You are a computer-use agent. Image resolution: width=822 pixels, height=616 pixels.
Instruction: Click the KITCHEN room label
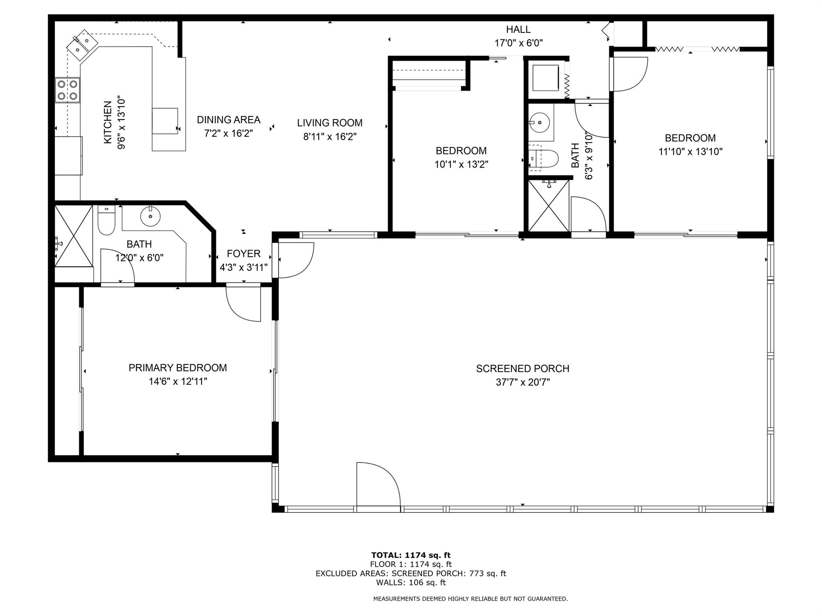tap(108, 122)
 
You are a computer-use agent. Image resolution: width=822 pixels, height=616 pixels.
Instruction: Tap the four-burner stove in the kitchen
tap(67, 90)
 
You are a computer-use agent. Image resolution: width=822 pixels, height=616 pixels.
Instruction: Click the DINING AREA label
tap(228, 120)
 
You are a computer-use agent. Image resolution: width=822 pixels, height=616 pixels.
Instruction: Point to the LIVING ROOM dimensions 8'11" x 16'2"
tap(330, 136)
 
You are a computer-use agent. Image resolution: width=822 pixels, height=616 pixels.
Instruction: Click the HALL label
tap(518, 29)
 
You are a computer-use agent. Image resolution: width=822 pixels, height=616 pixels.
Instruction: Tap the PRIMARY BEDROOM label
tap(178, 368)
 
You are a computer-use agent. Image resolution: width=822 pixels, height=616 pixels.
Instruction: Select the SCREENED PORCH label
tap(523, 369)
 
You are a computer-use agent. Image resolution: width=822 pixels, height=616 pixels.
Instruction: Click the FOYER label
tap(244, 253)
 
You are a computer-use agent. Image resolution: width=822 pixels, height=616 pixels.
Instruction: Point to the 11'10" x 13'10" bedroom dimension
tap(690, 152)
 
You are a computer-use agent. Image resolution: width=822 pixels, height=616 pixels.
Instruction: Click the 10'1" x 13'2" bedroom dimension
tap(461, 164)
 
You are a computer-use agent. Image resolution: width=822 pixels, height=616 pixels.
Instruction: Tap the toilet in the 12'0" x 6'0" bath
tap(107, 220)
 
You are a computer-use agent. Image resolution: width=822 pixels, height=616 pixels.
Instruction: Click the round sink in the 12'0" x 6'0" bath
tap(151, 217)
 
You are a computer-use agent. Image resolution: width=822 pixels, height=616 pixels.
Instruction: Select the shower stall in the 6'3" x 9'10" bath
tap(549, 206)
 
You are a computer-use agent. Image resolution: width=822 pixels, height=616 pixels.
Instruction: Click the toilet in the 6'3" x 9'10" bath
tap(544, 159)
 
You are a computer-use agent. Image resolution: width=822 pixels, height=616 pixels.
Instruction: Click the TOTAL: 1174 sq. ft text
tap(411, 555)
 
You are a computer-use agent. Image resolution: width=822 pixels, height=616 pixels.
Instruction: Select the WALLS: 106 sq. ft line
tap(411, 583)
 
